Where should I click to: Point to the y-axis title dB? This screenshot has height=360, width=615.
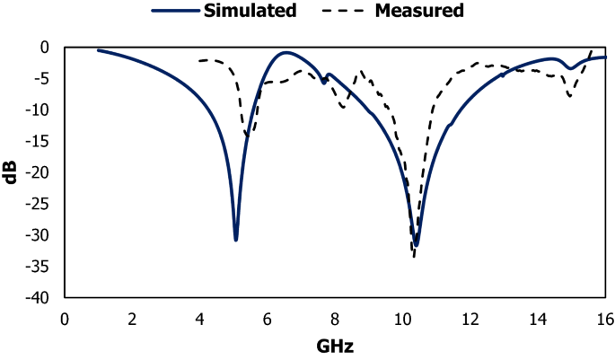[x=12, y=171]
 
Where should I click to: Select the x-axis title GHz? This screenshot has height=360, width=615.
[x=335, y=346]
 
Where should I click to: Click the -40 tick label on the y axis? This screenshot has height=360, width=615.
[x=43, y=298]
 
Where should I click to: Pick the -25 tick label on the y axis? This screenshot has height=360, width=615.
[x=43, y=204]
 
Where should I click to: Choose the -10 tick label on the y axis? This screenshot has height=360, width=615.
[x=43, y=110]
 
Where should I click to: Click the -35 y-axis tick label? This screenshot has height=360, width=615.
[x=43, y=267]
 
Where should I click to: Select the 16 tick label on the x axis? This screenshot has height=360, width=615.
[x=605, y=318]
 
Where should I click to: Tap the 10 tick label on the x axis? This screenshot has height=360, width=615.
[x=402, y=318]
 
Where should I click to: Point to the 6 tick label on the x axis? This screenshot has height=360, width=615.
[x=268, y=318]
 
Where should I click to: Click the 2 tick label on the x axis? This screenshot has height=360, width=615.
[x=132, y=318]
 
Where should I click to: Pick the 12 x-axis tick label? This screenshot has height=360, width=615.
[x=470, y=318]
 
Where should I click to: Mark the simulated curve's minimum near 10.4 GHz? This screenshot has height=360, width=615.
[x=417, y=245]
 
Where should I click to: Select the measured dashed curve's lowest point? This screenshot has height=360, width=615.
[x=414, y=257]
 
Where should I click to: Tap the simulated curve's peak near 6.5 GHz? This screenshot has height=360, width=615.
[x=286, y=53]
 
